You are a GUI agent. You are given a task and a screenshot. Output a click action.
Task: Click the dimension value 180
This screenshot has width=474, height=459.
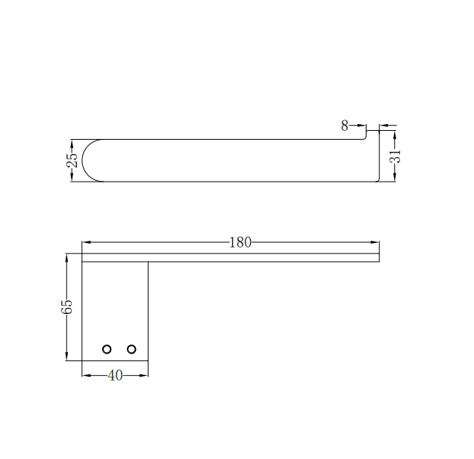tap(240, 242)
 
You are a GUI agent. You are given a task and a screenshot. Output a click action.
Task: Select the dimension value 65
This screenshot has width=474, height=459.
tap(67, 306)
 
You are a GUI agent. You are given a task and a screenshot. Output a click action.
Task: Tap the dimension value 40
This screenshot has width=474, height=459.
tap(115, 375)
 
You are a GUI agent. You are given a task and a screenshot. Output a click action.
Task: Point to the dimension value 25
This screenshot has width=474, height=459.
tap(72, 160)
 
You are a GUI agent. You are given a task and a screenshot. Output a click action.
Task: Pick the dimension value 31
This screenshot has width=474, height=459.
tap(395, 155)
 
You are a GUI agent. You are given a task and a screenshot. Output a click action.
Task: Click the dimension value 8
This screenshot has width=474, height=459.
tap(345, 126)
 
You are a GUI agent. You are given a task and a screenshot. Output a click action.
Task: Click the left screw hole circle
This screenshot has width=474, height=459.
tap(107, 349)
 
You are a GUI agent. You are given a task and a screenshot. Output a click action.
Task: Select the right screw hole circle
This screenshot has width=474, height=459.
tap(132, 349)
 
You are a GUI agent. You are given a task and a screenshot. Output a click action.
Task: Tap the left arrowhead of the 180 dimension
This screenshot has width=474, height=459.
tap(86, 242)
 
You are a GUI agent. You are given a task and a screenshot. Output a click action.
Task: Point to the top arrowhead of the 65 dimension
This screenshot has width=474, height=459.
tap(67, 258)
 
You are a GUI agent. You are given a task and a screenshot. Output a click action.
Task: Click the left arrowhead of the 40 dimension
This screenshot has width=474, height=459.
tap(86, 375)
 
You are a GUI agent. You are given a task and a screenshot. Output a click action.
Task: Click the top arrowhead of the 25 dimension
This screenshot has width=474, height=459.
tap(72, 143)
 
